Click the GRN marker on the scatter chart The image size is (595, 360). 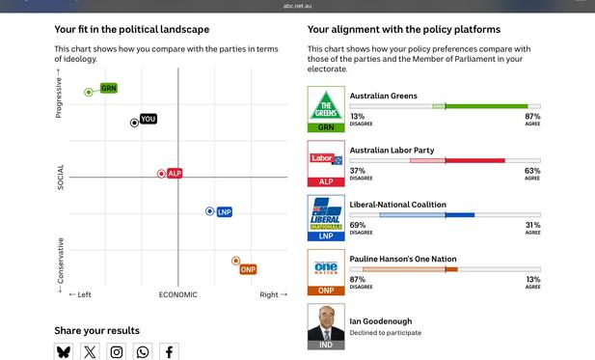[x=89, y=92]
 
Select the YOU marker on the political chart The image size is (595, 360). [x=136, y=123]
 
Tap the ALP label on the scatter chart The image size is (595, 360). [x=175, y=174]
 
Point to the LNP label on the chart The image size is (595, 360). [x=224, y=211]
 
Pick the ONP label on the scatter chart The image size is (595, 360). [x=248, y=269]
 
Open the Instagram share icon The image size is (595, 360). [x=117, y=352]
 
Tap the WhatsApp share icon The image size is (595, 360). [x=143, y=352]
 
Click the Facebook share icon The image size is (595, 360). [x=169, y=352]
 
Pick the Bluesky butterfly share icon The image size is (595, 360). [x=64, y=352]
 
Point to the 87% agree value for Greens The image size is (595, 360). [x=532, y=116]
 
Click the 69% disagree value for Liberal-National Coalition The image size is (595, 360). [x=357, y=225]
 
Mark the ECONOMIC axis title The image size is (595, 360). [x=177, y=294]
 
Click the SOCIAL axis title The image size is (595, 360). [x=61, y=177]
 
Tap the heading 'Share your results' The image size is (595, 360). [x=96, y=330]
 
